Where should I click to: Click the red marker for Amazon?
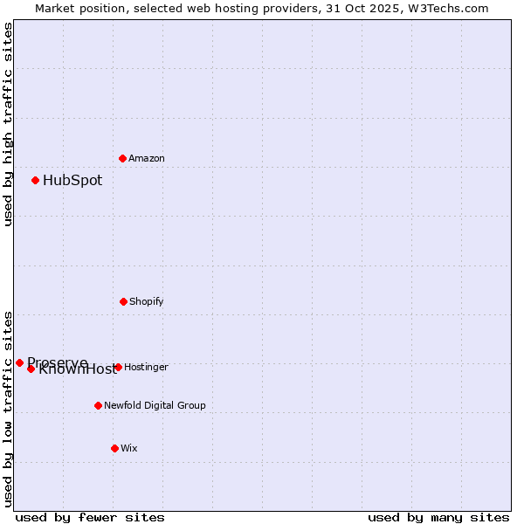click(123, 158)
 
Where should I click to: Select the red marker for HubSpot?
click(36, 180)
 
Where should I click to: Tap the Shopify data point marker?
click(123, 301)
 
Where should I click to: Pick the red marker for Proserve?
click(20, 362)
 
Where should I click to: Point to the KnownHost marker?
click(31, 369)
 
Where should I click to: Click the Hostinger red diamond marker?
click(118, 367)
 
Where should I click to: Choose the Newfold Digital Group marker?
click(98, 405)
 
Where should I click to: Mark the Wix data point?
click(114, 448)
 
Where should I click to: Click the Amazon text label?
click(147, 158)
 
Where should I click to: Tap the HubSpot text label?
click(72, 181)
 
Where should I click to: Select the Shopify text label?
click(147, 301)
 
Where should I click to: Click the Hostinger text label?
click(146, 367)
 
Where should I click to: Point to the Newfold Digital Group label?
click(155, 405)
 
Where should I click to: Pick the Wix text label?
click(129, 448)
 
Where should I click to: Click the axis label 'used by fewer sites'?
click(90, 517)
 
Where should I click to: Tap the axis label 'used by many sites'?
click(438, 517)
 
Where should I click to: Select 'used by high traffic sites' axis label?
click(8, 124)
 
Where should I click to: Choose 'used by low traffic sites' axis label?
click(8, 408)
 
